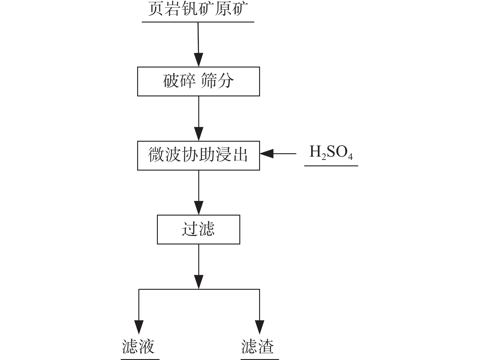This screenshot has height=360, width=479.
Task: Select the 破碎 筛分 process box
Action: [198, 81]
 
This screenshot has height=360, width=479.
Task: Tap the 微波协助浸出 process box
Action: [198, 155]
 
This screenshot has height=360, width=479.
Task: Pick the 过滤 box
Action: [198, 229]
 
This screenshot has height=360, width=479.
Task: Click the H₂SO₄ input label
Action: [331, 153]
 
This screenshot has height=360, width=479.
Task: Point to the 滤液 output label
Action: [139, 347]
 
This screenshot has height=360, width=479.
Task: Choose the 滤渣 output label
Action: [258, 347]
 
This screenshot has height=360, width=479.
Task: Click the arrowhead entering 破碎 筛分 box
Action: [199, 60]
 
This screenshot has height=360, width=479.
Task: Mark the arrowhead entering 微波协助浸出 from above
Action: [199, 134]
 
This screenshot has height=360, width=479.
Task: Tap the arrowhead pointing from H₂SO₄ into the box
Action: [267, 154]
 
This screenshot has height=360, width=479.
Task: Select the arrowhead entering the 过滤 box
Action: [199, 208]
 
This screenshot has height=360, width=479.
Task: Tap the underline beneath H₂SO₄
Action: [331, 166]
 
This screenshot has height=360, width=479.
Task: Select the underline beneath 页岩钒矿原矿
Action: [198, 22]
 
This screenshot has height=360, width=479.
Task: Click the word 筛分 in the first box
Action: [217, 81]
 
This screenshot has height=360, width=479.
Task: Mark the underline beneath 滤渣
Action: [259, 359]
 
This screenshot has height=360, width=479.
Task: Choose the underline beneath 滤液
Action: [140, 359]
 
